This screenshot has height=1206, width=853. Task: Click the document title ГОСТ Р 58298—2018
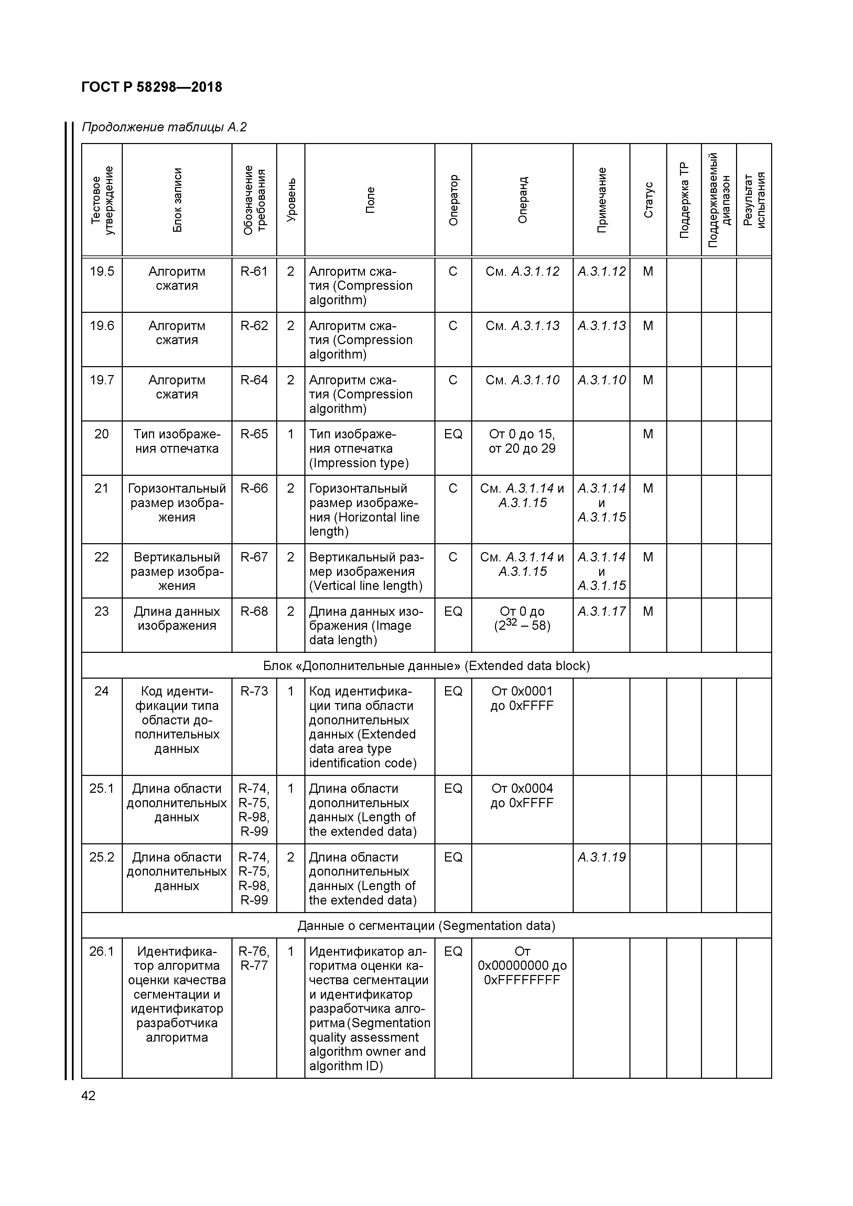click(152, 87)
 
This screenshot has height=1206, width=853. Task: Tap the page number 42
click(88, 1096)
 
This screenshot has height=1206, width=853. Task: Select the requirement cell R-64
click(254, 380)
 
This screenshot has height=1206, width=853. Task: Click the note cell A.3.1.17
click(601, 611)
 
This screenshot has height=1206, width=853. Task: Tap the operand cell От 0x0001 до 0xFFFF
click(522, 699)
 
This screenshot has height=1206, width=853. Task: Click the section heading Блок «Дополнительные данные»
click(426, 666)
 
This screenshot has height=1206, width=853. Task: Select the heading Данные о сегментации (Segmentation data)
click(426, 925)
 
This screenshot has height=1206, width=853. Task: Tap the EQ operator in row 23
click(453, 611)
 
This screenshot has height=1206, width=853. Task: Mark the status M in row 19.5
click(648, 272)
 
